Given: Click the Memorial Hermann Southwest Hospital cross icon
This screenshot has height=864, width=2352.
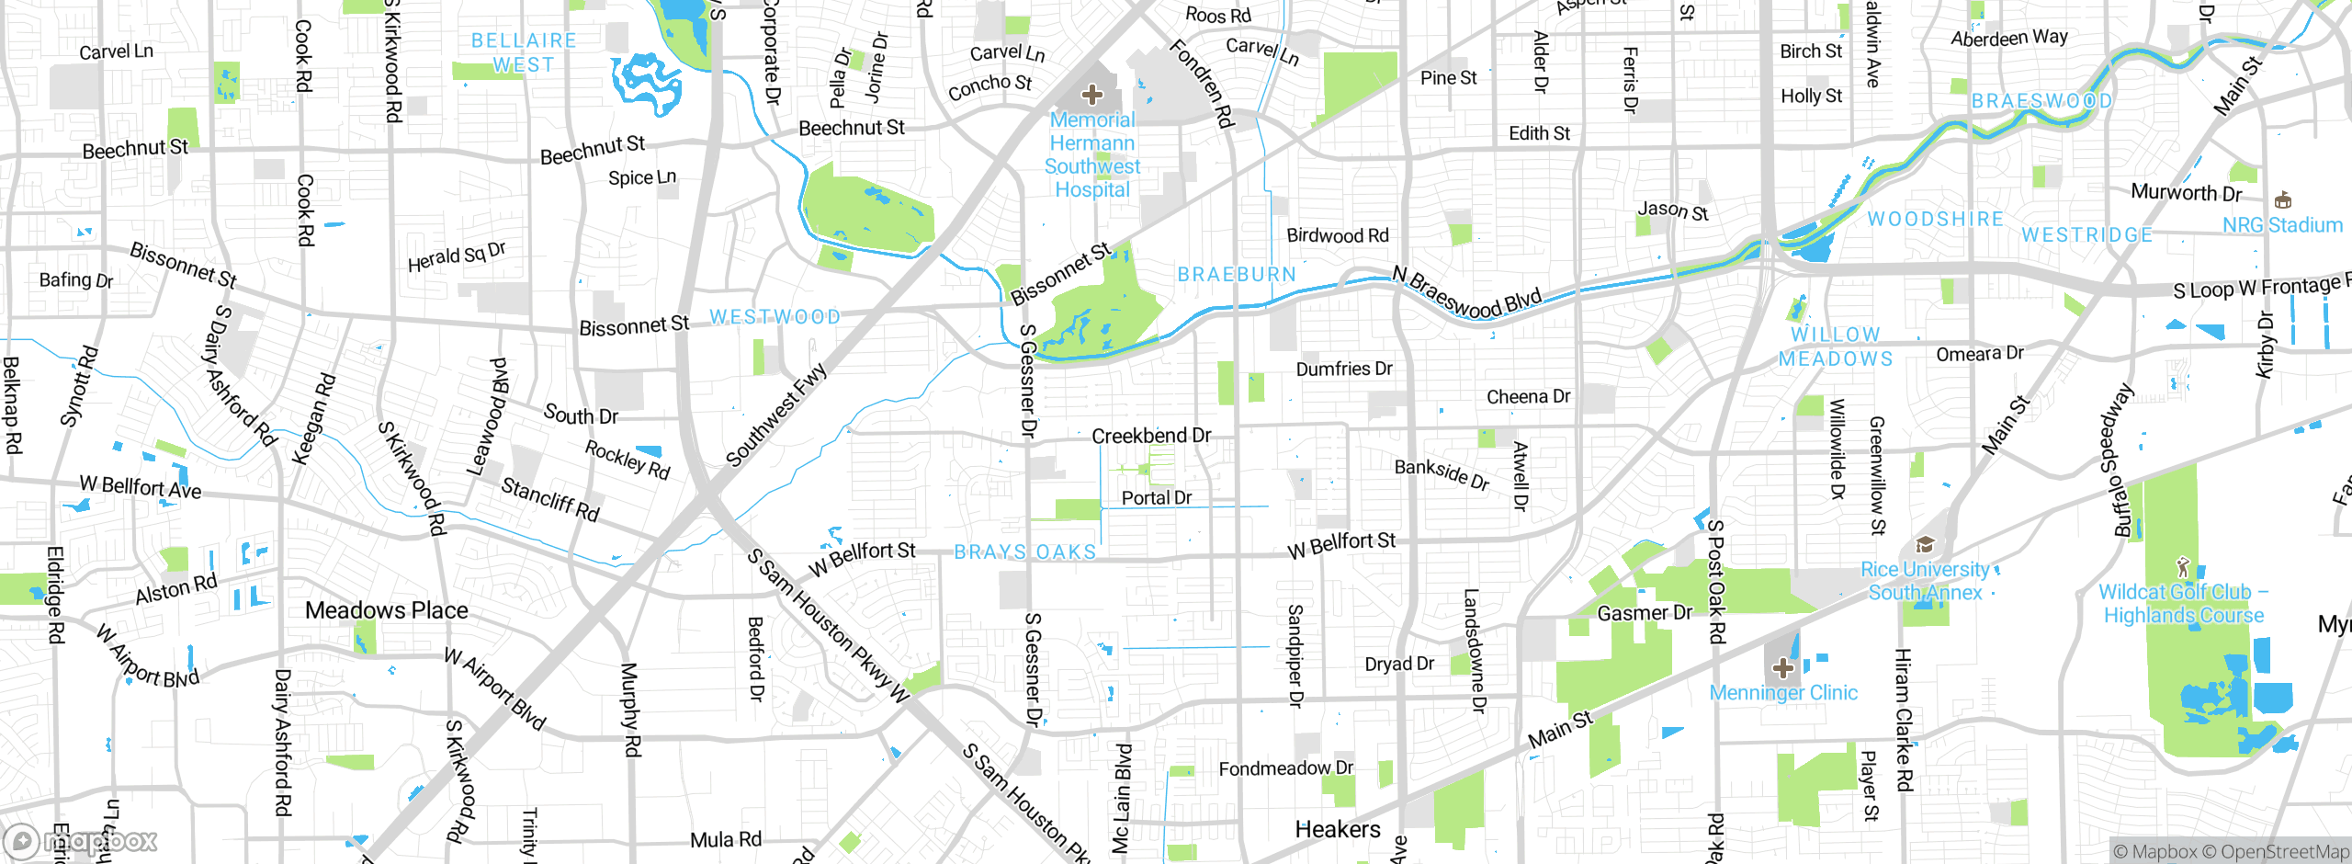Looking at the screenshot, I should coord(1091,95).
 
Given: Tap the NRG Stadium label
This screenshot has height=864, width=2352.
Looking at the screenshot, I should coord(2282,225).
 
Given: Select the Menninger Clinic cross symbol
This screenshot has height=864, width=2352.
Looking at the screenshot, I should coord(1782,668).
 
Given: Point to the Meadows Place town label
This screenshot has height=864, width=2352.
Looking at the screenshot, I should coord(387,610).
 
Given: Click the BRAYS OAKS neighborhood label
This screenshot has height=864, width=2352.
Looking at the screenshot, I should coord(1025,552).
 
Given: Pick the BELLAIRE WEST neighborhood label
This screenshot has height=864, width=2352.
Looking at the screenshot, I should coord(524,52).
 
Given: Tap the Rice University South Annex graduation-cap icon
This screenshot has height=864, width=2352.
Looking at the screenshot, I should coord(1925,544).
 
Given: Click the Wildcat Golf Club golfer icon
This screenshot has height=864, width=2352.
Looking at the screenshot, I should coord(2184,566).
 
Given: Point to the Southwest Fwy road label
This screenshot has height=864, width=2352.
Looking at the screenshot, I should coord(776,415).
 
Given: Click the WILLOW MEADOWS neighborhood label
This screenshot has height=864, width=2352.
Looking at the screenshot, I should coord(1836,347).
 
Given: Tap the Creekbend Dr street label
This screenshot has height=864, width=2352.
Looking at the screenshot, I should coord(1151,436).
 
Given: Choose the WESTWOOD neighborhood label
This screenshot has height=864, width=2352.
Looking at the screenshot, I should coord(775,317).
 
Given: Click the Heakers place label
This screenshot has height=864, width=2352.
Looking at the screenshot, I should coord(1337,829).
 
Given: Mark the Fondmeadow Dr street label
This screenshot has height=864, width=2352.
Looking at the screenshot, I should coord(1285,768).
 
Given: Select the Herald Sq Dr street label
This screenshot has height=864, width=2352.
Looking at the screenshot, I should coord(457,257).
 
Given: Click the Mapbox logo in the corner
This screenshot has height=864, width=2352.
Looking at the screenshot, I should coord(81,841).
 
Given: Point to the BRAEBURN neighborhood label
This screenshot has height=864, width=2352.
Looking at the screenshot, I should coord(1237,275).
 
